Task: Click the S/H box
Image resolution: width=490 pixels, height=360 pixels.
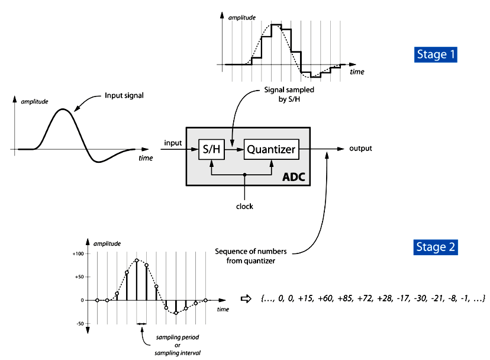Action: (x=212, y=150)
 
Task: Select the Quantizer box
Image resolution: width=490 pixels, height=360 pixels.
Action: (x=270, y=150)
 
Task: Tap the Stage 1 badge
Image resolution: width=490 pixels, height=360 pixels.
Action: (x=436, y=54)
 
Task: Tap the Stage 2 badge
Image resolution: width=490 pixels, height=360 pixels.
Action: (x=436, y=247)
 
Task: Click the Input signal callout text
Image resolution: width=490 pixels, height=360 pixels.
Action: (x=124, y=95)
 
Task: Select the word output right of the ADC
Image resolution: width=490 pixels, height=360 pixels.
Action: (x=360, y=149)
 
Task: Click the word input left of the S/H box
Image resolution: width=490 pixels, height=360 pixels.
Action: (x=173, y=144)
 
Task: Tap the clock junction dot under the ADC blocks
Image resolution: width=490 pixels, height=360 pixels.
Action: (x=245, y=175)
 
